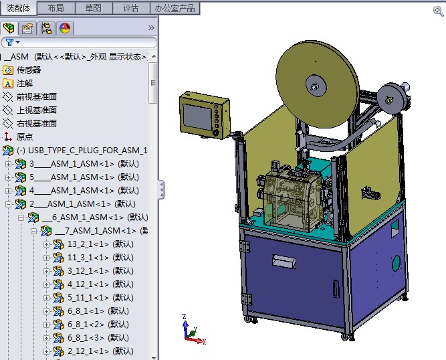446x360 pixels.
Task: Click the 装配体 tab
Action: tap(18, 8)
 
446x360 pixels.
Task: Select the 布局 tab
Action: tap(56, 8)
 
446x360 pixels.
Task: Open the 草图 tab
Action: tap(94, 8)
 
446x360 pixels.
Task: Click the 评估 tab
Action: tap(131, 8)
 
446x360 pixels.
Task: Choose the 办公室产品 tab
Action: tap(175, 8)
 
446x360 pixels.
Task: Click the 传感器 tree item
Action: tap(28, 70)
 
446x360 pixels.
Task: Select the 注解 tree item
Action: tap(25, 83)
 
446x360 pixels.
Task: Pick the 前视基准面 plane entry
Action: tap(37, 96)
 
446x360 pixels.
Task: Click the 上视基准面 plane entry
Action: tap(37, 110)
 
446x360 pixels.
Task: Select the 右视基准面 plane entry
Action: tap(37, 123)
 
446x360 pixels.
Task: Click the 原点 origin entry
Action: tap(25, 137)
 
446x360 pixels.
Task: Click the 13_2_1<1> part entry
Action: tap(100, 244)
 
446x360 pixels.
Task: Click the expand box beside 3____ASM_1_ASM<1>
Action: tap(8, 163)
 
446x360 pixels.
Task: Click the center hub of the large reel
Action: tap(312, 85)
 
